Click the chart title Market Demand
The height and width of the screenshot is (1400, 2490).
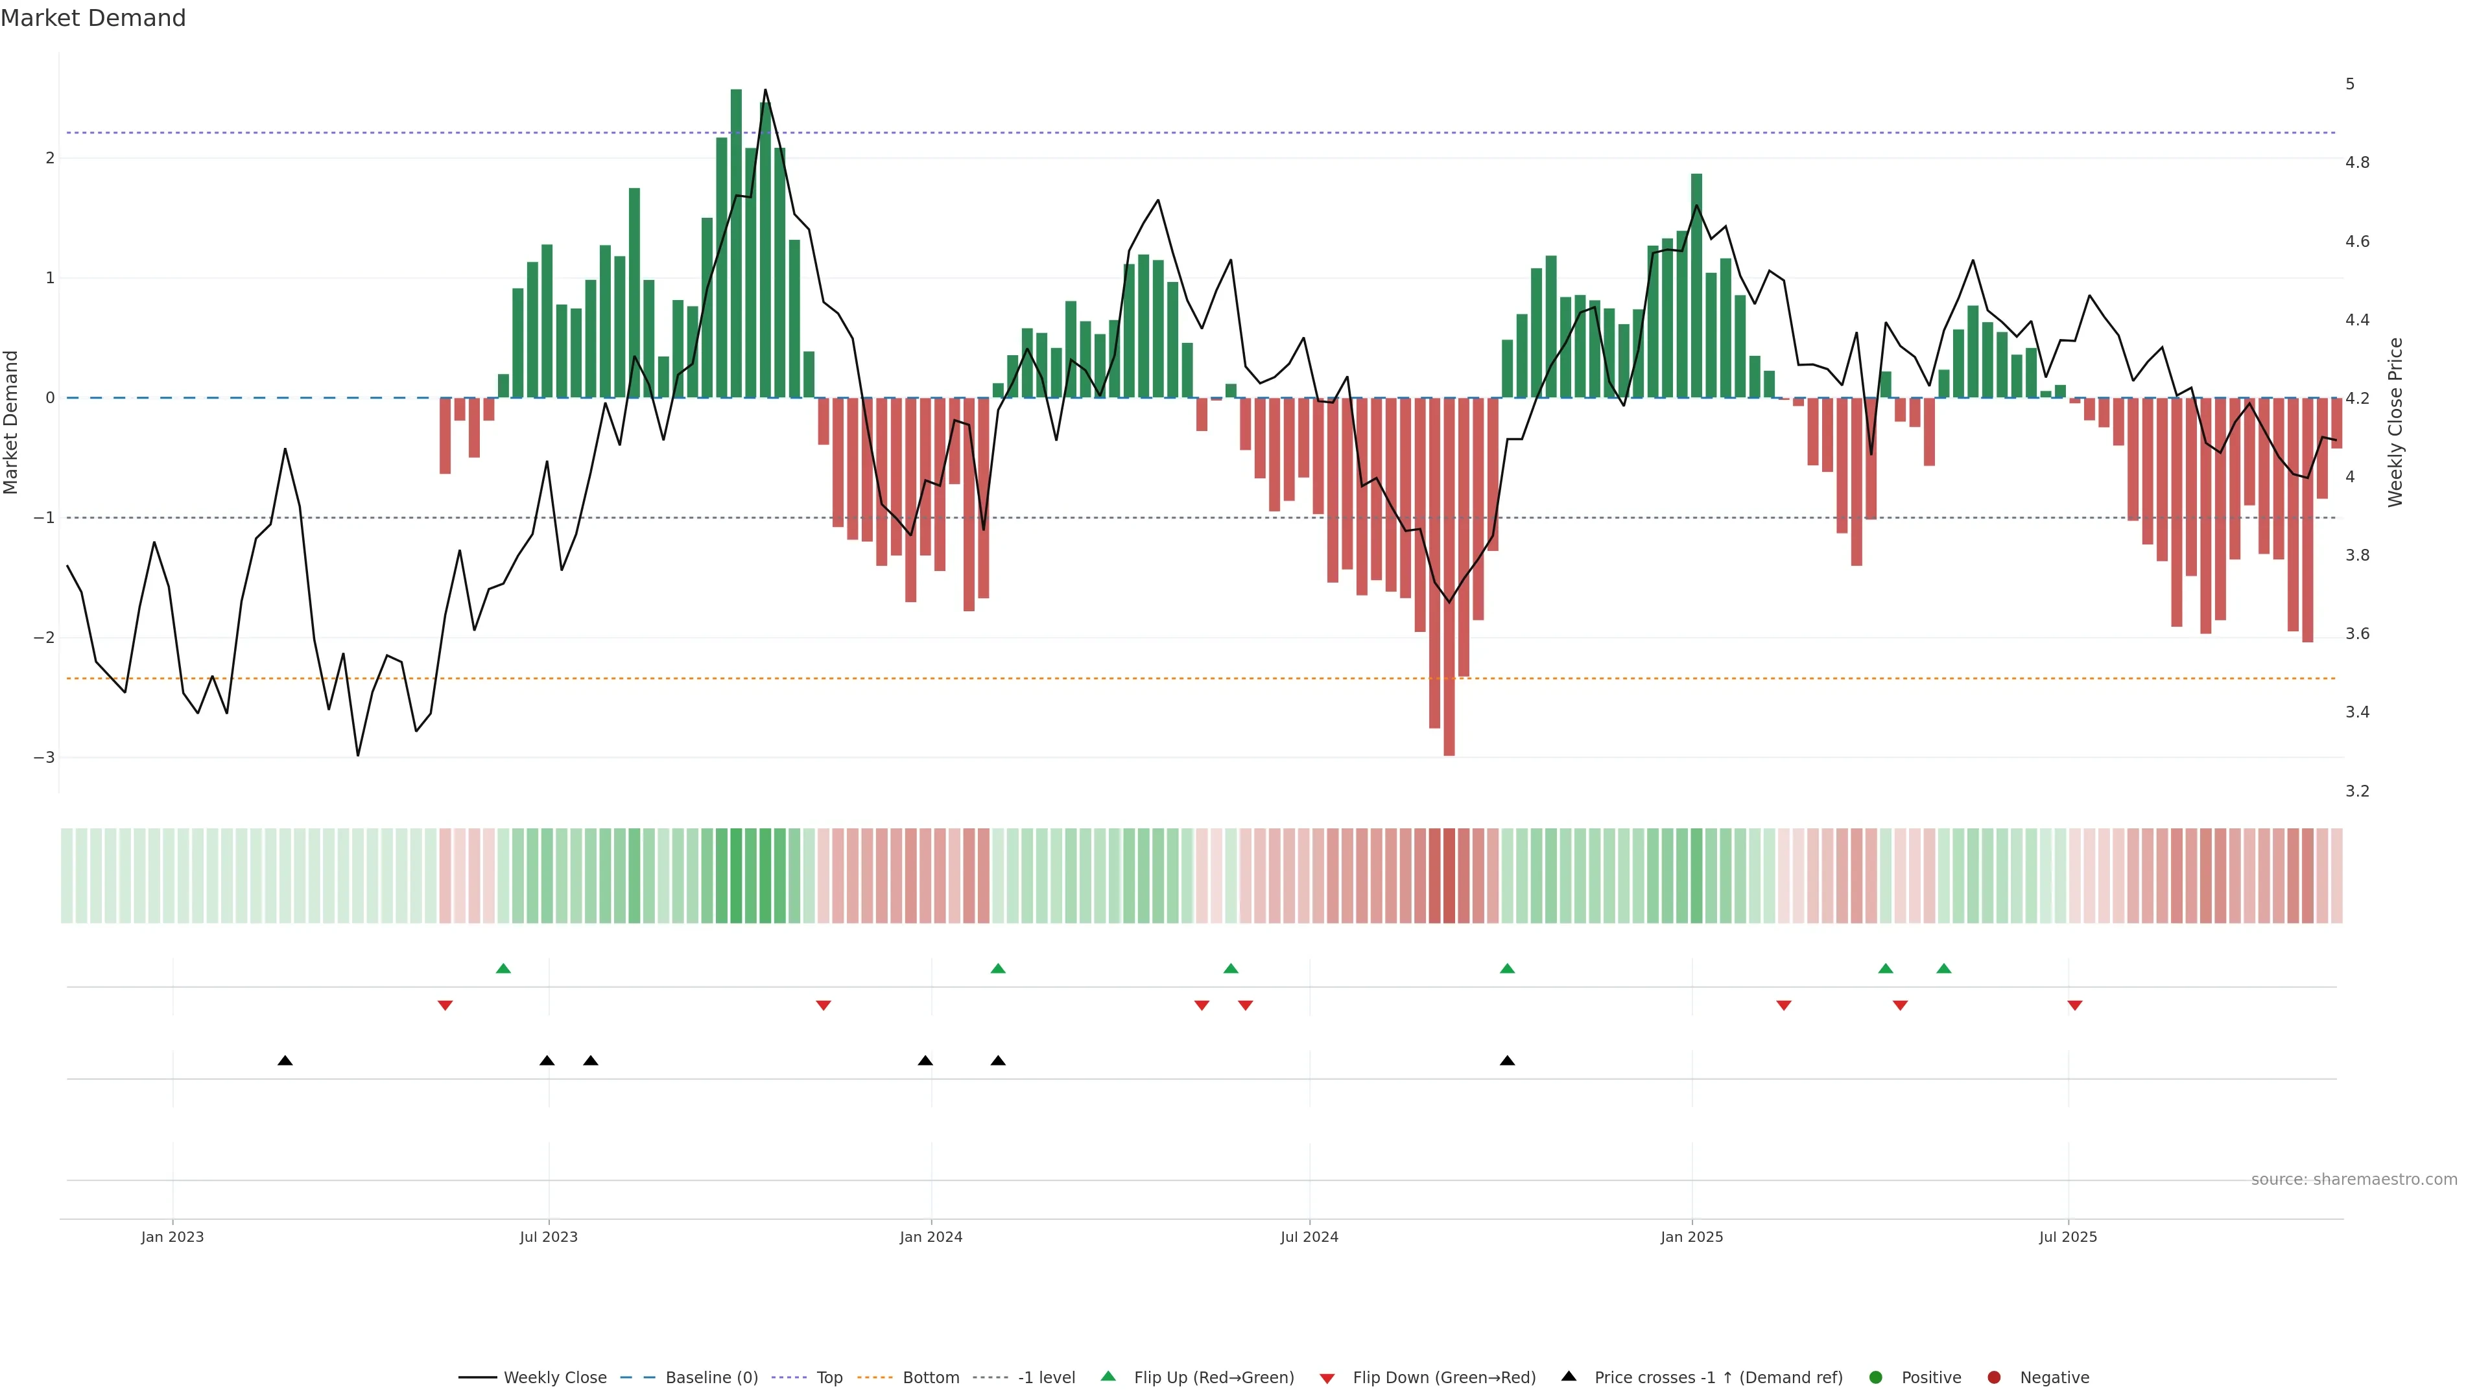[x=93, y=18]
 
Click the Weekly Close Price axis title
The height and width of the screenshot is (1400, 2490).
[x=2394, y=422]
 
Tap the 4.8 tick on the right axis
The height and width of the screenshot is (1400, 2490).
[x=2356, y=162]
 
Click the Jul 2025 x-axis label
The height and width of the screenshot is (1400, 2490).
[x=2068, y=1237]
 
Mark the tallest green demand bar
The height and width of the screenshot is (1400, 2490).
[x=735, y=242]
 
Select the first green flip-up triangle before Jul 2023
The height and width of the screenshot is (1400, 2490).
[x=503, y=968]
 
